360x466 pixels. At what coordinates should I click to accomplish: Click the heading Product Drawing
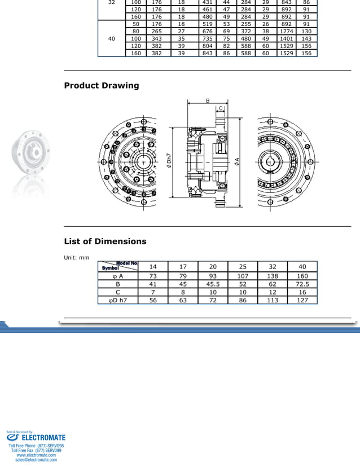(x=102, y=86)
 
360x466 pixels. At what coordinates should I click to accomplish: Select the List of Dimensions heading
(x=105, y=241)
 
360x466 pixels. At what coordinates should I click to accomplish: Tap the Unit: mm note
(x=77, y=258)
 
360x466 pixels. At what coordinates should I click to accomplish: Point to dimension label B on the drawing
(x=208, y=101)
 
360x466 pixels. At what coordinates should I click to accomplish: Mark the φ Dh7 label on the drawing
(x=169, y=161)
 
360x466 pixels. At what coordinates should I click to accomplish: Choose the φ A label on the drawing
(x=237, y=161)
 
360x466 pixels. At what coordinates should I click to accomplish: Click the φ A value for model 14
(x=153, y=276)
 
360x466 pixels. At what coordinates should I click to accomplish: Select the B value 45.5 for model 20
(x=213, y=284)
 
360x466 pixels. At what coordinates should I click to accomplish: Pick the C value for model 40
(x=302, y=292)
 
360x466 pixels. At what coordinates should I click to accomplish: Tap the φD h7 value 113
(x=273, y=300)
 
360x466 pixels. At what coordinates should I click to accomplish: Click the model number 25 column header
(x=243, y=267)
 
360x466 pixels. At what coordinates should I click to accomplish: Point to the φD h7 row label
(x=118, y=300)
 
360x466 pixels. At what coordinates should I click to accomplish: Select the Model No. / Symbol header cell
(x=118, y=266)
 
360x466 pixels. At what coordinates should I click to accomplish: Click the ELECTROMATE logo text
(x=43, y=437)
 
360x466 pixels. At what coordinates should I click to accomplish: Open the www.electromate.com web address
(x=36, y=455)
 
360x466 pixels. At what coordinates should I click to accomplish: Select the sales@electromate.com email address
(x=36, y=460)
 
